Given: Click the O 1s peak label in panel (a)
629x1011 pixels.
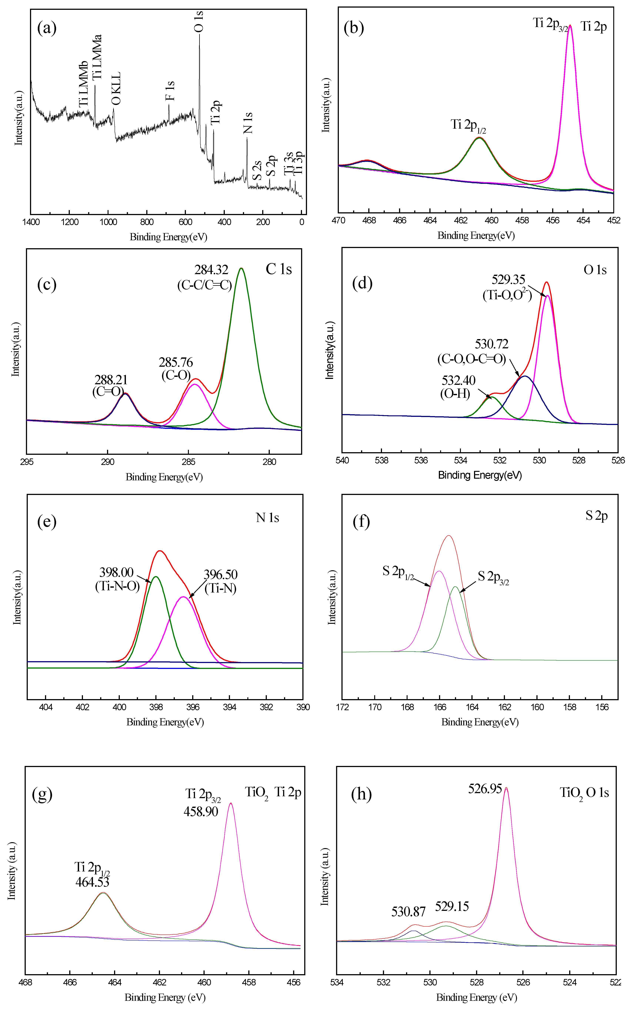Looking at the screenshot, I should point(199,22).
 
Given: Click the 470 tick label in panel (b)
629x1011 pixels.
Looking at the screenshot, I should point(338,220).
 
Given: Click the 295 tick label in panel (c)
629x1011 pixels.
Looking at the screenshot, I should point(27,462).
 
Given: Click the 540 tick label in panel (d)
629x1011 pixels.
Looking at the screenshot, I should point(342,460).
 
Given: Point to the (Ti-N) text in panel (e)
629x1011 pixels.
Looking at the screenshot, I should point(221,588).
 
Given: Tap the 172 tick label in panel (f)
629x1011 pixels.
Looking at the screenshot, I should point(342,707).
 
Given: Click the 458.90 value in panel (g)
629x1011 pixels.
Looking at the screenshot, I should point(201,811).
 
